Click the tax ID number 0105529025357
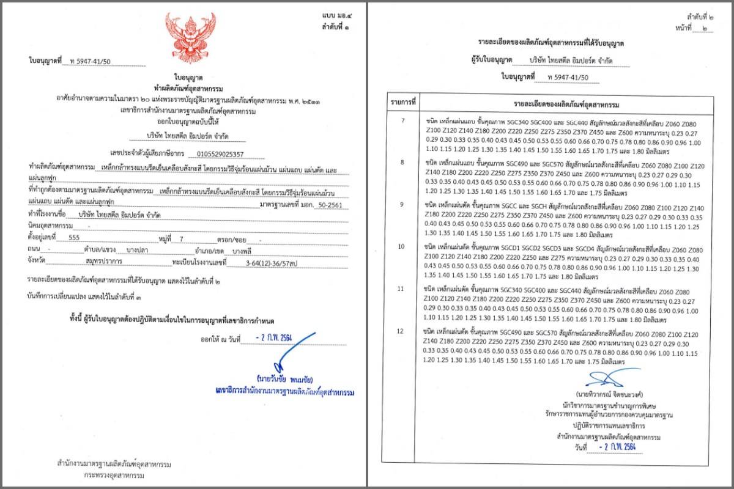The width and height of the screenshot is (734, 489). [218, 153]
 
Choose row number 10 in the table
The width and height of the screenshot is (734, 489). [402, 246]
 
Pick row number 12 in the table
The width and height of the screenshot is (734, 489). [402, 331]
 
